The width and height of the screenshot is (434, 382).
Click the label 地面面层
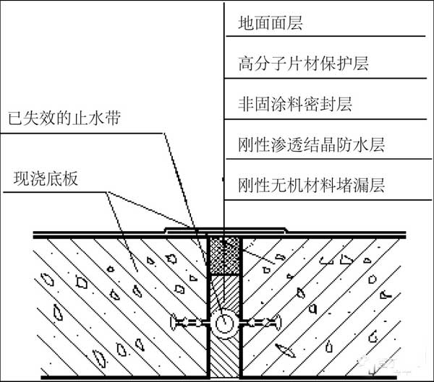pyautogui.click(x=269, y=23)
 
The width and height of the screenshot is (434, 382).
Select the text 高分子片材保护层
pyautogui.click(x=303, y=64)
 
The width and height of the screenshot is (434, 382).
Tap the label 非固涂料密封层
pyautogui.click(x=294, y=104)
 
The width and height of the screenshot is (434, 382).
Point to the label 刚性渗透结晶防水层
pyautogui.click(x=311, y=144)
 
